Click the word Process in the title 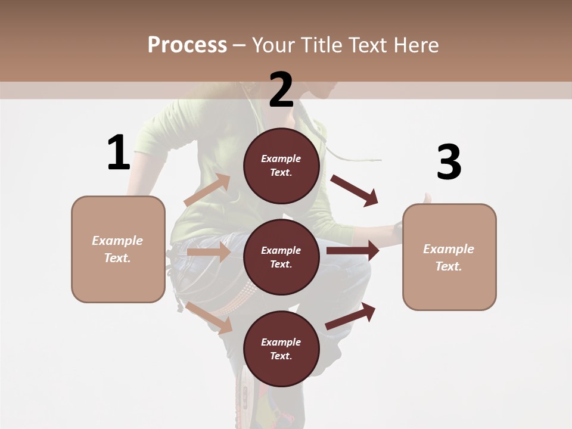click(x=187, y=45)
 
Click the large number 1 click(x=119, y=153)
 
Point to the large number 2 click(x=281, y=90)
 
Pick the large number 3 click(x=449, y=163)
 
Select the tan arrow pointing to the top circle click(x=207, y=190)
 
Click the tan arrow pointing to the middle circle click(x=209, y=252)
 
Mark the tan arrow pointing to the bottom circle click(x=209, y=318)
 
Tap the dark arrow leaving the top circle click(x=355, y=191)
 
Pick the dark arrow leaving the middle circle click(x=353, y=250)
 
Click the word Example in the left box click(x=117, y=241)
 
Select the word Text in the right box click(x=447, y=266)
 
